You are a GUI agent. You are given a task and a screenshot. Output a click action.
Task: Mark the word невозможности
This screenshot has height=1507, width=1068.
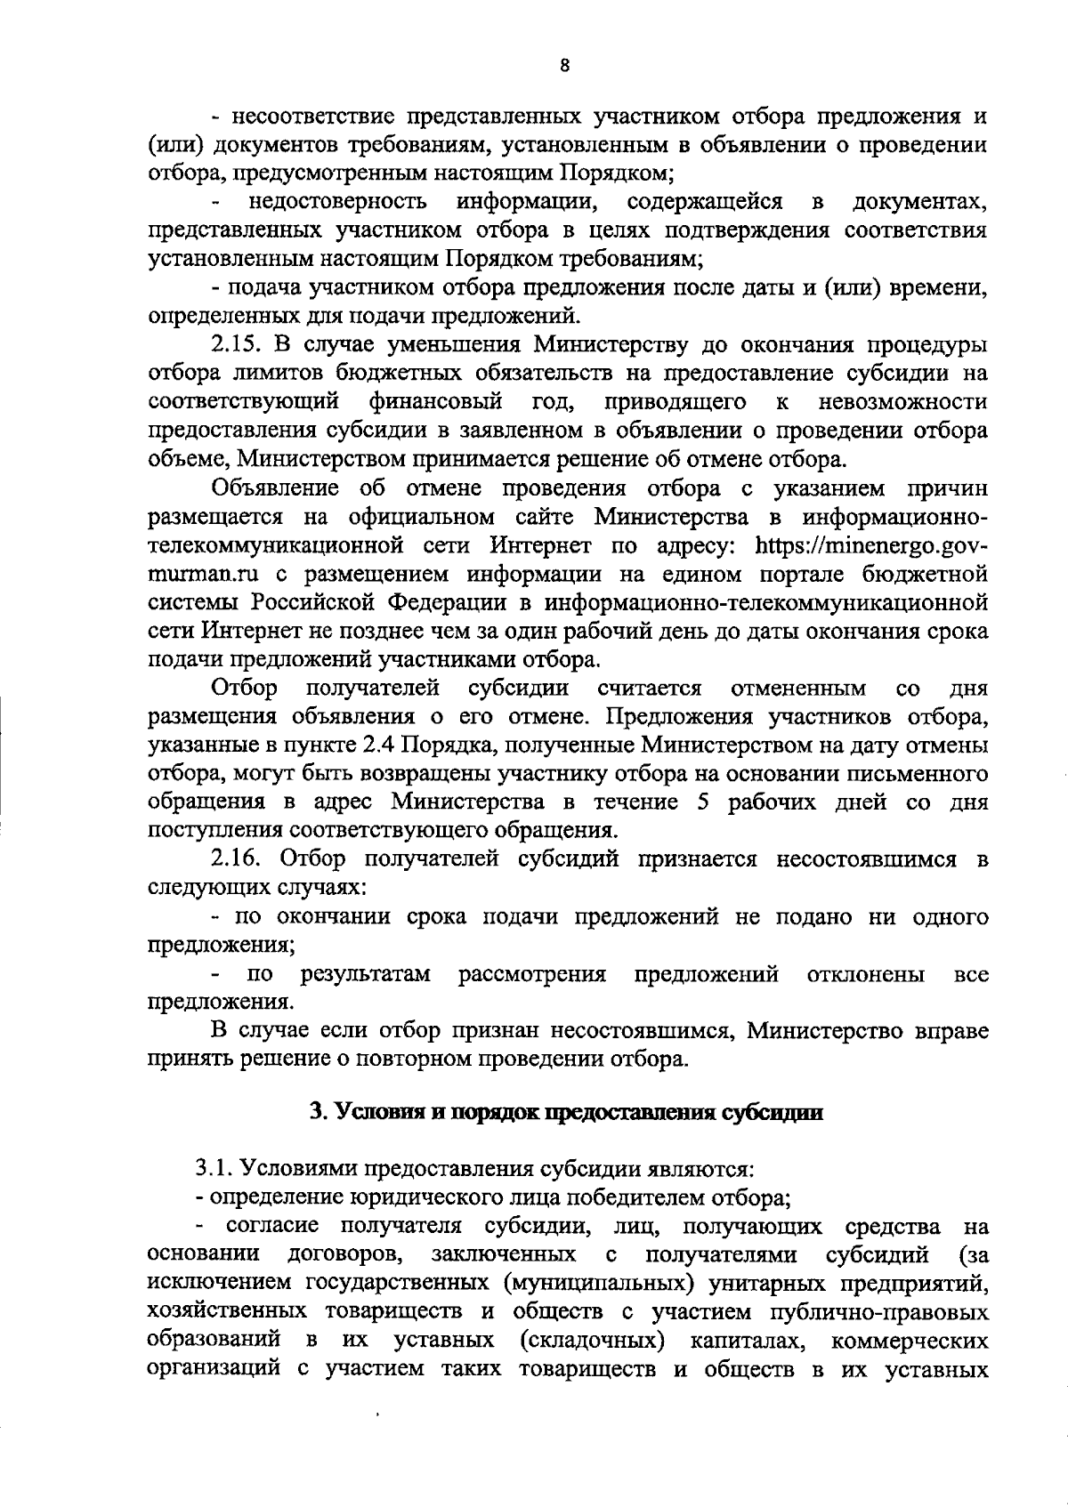click(x=902, y=401)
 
